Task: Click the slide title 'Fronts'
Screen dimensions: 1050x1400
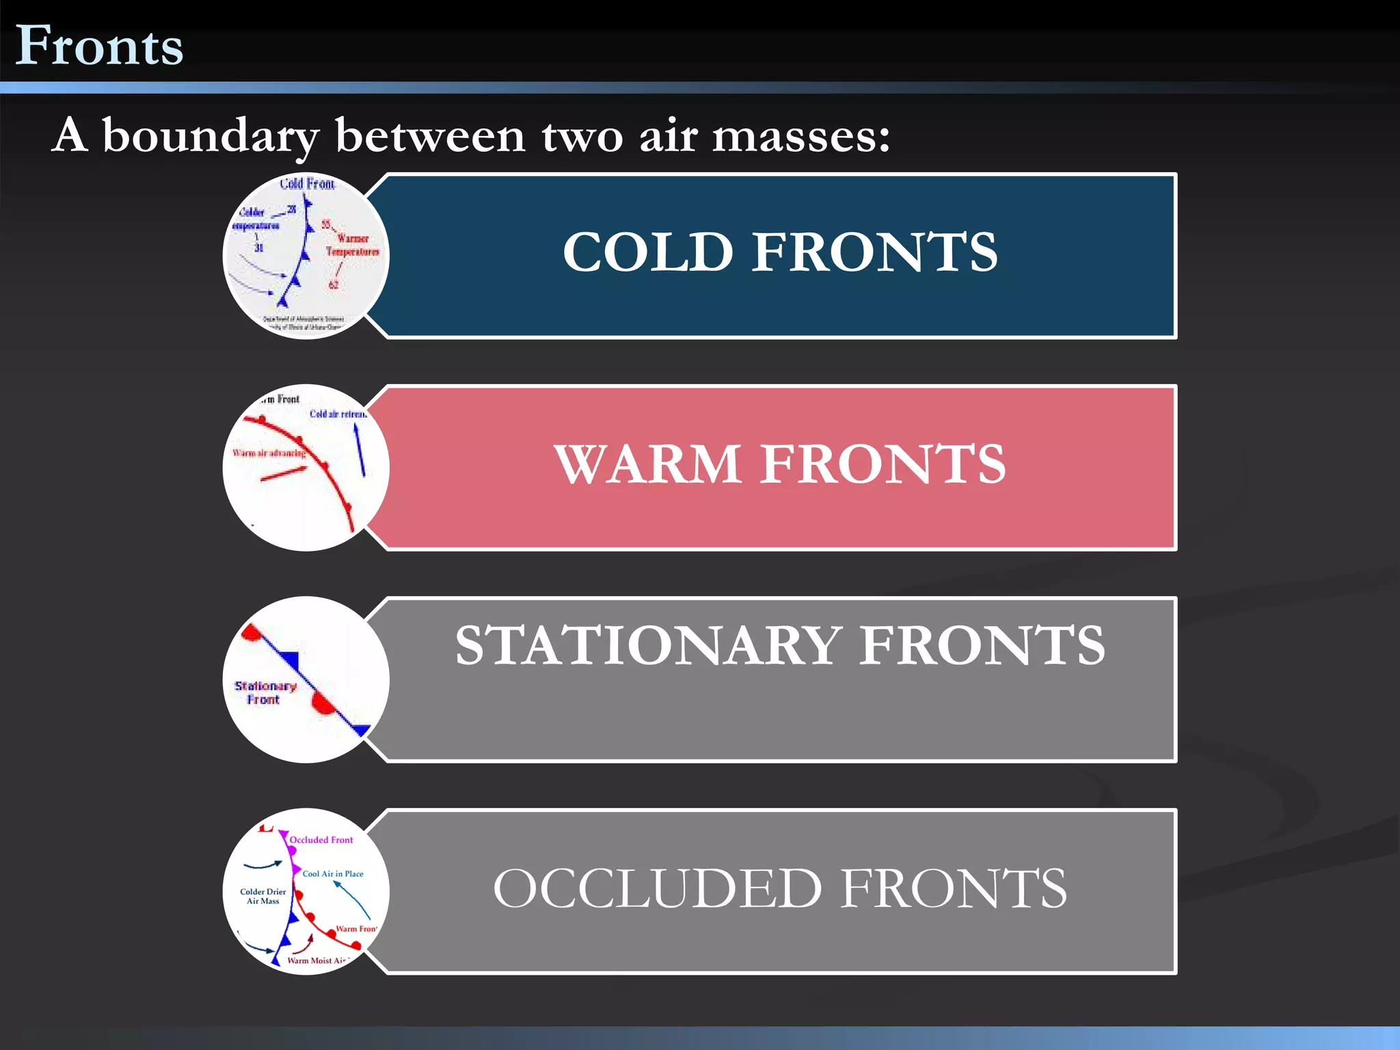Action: coord(99,46)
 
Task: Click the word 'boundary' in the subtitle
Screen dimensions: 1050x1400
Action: coord(211,137)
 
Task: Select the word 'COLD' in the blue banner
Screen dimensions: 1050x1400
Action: coord(647,252)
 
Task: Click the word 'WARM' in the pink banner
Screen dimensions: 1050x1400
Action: coord(647,464)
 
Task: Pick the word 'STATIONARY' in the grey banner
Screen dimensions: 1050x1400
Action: coord(648,645)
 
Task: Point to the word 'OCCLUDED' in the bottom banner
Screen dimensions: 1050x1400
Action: coord(657,889)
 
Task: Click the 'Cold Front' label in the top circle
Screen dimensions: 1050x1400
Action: coord(308,183)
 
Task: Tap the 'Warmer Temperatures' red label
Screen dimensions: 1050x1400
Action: coord(352,245)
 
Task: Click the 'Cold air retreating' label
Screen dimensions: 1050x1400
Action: coord(338,414)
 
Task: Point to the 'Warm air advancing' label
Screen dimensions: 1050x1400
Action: coord(269,453)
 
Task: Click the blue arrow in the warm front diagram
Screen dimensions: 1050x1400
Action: coord(360,450)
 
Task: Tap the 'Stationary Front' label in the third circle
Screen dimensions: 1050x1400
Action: coord(265,692)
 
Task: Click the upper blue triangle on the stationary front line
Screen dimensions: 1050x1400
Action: coord(290,660)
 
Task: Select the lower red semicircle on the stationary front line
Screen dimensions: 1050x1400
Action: coord(322,704)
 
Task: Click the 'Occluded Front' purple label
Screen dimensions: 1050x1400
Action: coord(321,839)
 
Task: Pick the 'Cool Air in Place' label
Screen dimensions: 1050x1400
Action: coord(333,874)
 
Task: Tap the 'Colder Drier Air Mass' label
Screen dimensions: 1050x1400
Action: coord(263,896)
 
